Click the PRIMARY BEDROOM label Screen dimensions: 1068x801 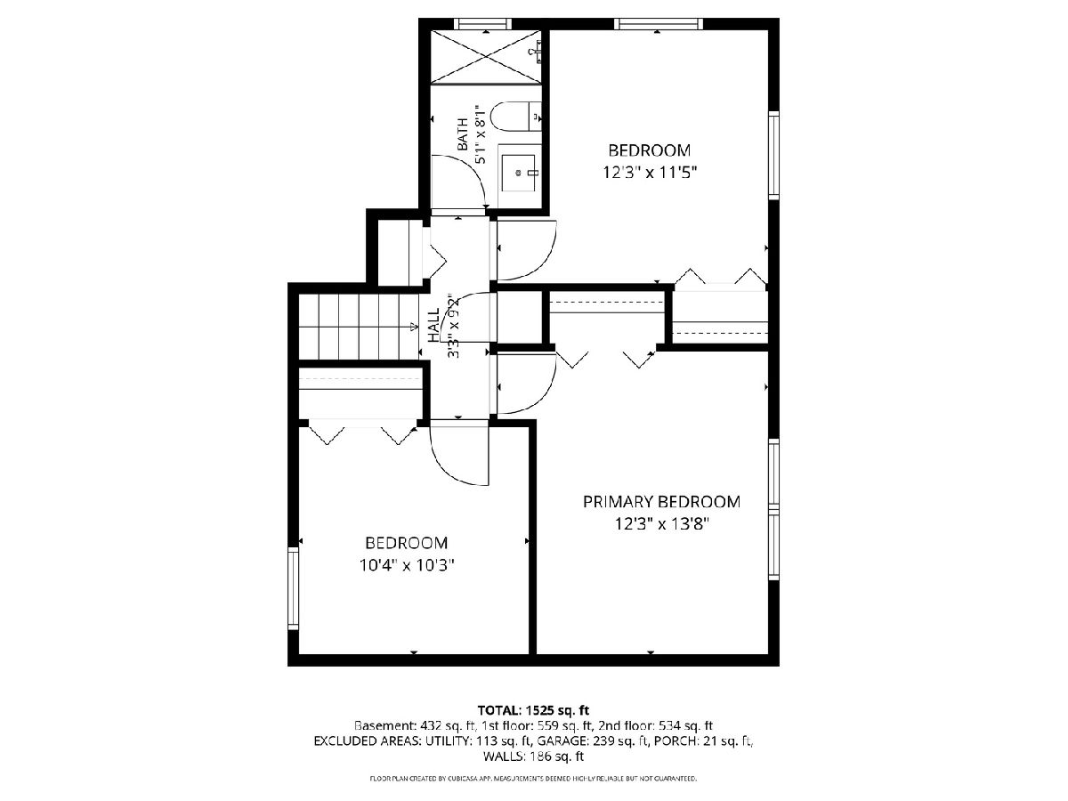(x=661, y=501)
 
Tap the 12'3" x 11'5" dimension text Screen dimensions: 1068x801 (x=650, y=172)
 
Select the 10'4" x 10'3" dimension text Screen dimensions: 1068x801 (x=407, y=565)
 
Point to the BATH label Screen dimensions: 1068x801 (x=463, y=133)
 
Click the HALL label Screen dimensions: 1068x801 (x=433, y=324)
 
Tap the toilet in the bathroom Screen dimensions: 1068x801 (x=515, y=117)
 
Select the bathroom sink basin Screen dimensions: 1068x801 (x=519, y=173)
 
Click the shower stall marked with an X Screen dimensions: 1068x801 (x=486, y=56)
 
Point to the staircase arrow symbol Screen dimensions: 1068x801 (x=414, y=327)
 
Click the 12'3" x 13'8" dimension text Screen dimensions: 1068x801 (x=662, y=524)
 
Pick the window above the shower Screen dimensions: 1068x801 (x=482, y=24)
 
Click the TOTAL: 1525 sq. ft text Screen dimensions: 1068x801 (x=533, y=710)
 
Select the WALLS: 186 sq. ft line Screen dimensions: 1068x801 (x=533, y=756)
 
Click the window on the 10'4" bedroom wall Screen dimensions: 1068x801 (x=293, y=588)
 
